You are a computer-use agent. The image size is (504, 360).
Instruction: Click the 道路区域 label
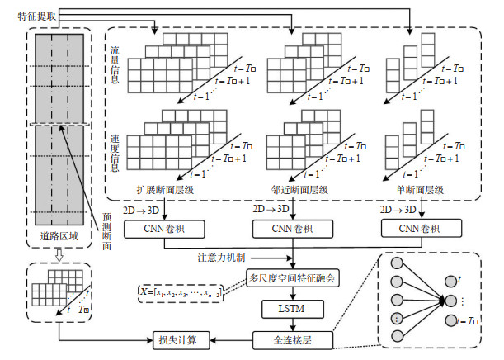[60, 234]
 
